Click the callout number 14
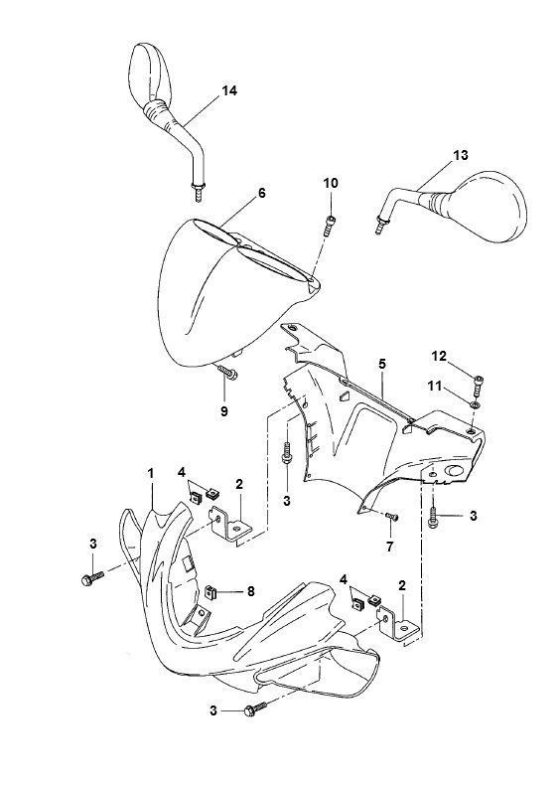pyautogui.click(x=229, y=90)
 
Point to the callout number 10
pyautogui.click(x=331, y=183)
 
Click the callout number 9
pyautogui.click(x=223, y=410)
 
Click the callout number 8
pyautogui.click(x=250, y=590)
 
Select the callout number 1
pyautogui.click(x=151, y=468)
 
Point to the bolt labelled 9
pyautogui.click(x=228, y=375)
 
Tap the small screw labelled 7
pyautogui.click(x=390, y=516)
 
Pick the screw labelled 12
pyautogui.click(x=480, y=379)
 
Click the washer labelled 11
pyautogui.click(x=478, y=403)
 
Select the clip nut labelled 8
pyautogui.click(x=212, y=593)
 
